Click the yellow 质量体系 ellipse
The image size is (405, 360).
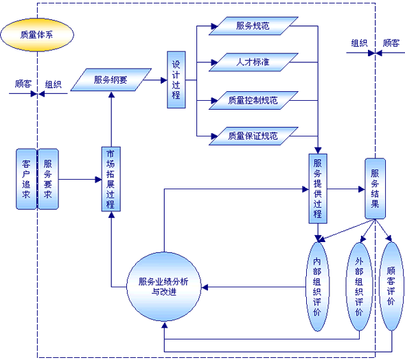pos(37,34)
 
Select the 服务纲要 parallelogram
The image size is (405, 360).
pos(111,80)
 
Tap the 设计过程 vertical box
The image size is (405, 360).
pos(176,80)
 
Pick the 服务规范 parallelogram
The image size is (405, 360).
pos(253,26)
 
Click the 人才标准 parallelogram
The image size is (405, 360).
pos(253,62)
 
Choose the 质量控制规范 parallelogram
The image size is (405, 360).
pos(253,100)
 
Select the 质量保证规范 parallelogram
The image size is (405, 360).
pos(253,136)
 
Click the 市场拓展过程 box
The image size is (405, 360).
pos(111,179)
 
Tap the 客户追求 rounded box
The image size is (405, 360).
pos(26,179)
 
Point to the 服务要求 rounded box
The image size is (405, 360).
pos(48,179)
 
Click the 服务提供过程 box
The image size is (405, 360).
pos(318,189)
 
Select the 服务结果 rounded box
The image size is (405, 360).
pos(375,189)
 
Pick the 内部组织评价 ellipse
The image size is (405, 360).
pos(317,287)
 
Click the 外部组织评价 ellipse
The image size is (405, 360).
pos(359,287)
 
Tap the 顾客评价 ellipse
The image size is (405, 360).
pos(391,286)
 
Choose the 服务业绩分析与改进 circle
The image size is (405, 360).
pos(164,287)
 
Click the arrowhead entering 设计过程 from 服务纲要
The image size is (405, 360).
pos(164,80)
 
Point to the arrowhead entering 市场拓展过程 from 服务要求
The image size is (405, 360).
pos(98,180)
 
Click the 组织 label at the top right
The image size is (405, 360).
pos(359,43)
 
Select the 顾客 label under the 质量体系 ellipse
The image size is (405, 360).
pos(23,84)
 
